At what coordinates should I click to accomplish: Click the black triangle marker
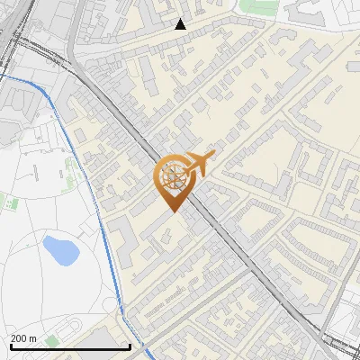coord(181,24)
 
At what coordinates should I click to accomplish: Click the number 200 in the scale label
coord(19,337)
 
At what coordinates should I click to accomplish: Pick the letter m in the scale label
coord(33,337)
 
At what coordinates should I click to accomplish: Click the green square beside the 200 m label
coord(51,340)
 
